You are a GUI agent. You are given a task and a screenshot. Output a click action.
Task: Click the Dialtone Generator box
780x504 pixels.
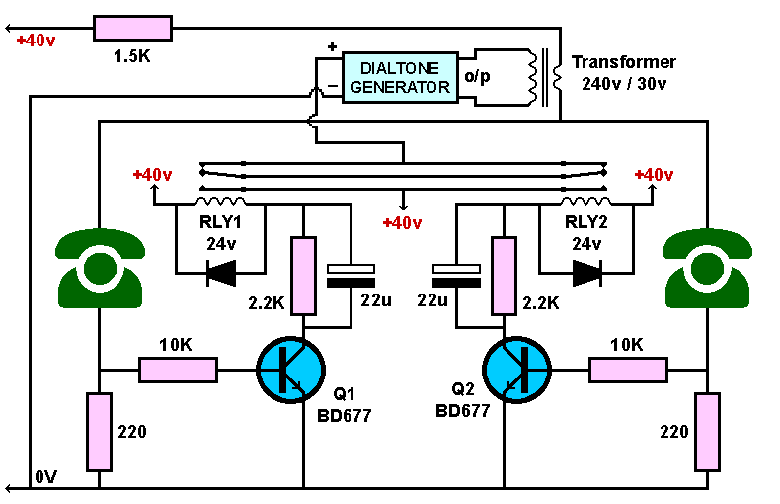click(x=400, y=77)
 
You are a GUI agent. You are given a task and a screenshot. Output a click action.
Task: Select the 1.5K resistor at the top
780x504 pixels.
click(x=133, y=28)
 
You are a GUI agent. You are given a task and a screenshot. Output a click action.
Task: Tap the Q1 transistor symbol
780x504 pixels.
click(x=290, y=370)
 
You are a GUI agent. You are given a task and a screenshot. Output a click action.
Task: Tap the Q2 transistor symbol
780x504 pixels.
click(x=516, y=370)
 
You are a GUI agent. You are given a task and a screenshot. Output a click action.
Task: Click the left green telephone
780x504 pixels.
click(x=100, y=268)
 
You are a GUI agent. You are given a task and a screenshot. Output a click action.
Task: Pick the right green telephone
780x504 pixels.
click(x=707, y=268)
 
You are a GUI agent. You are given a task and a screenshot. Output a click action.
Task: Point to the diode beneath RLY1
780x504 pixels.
click(x=221, y=273)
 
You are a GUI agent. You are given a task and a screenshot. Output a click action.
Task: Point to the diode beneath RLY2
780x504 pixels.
click(x=587, y=273)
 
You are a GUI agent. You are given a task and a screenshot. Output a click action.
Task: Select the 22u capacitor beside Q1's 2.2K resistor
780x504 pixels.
click(x=351, y=276)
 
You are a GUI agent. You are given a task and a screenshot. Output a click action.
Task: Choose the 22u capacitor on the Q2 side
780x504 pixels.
click(x=457, y=276)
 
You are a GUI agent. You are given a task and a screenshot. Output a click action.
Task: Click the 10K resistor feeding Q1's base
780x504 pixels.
click(x=178, y=370)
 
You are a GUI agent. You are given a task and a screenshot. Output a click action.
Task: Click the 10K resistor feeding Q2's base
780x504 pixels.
click(x=628, y=370)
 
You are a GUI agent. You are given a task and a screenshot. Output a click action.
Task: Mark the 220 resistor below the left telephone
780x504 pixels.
click(x=99, y=432)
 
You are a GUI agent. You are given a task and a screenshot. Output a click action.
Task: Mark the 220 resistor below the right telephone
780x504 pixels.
click(x=707, y=432)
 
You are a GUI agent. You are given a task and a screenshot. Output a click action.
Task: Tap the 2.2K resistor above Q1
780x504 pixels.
click(x=303, y=276)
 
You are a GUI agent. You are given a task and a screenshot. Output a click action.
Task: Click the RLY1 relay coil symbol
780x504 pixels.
click(x=221, y=201)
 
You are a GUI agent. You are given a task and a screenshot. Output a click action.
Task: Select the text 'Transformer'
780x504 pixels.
click(x=623, y=62)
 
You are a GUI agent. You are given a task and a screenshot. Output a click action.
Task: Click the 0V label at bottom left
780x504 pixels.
click(x=45, y=477)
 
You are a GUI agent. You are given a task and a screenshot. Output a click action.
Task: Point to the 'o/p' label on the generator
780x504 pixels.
click(x=477, y=76)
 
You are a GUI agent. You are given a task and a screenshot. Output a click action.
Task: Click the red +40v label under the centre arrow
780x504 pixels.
click(x=402, y=222)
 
